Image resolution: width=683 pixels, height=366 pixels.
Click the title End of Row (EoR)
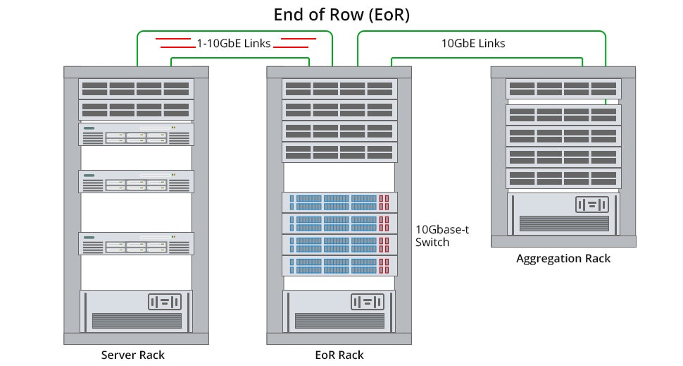coord(341,14)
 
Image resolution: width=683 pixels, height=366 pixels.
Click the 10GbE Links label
coord(473,43)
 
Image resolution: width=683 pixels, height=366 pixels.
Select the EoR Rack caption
coord(340,354)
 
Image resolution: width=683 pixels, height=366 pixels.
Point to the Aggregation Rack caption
coord(563,258)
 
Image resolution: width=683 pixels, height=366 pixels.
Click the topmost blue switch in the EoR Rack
coord(339,202)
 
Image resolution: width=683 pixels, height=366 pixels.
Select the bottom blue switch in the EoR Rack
coord(339,266)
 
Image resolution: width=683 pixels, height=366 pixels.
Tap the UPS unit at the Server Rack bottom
coord(136,311)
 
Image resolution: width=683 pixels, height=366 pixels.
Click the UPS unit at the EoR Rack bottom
coord(339,311)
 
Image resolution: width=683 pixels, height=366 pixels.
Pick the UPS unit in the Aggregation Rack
coord(563,214)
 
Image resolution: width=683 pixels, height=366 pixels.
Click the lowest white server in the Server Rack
coord(136,243)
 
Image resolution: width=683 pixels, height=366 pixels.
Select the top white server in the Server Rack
coord(136,135)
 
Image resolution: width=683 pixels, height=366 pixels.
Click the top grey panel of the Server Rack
coord(136,88)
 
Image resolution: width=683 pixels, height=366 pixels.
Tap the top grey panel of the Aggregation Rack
coord(563,88)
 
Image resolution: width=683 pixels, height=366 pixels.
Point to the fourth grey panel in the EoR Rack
coord(339,152)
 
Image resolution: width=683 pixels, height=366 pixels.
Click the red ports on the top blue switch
coord(384,202)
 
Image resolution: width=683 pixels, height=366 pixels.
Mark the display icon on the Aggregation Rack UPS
coord(591,205)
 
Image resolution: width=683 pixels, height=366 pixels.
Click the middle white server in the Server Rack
coord(136,181)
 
